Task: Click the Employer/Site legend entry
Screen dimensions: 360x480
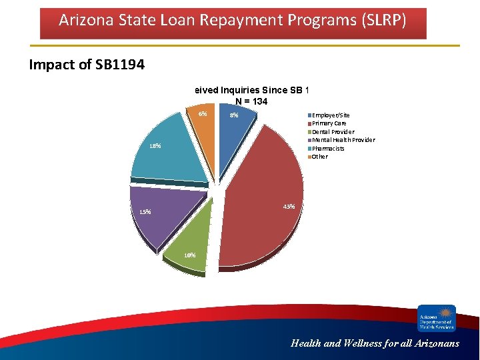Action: point(331,115)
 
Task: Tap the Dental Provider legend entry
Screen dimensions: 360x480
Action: point(333,132)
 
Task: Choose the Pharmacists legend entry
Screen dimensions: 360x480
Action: point(328,148)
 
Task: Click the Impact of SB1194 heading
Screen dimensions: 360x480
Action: point(87,65)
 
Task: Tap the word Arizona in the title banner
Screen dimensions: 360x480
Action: point(84,20)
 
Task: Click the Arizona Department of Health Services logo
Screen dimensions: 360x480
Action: point(437,318)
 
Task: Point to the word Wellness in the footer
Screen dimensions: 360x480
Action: point(365,344)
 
